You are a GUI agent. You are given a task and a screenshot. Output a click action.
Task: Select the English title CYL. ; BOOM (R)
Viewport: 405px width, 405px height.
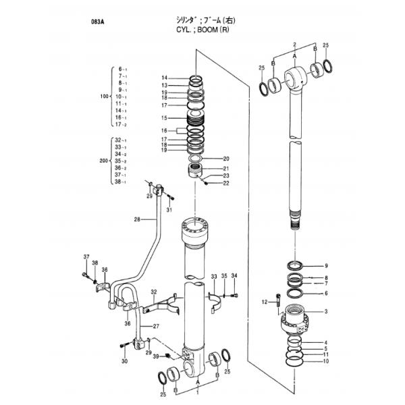pyautogui.click(x=201, y=30)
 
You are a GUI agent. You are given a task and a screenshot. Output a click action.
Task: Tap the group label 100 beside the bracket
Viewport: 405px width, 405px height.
pyautogui.click(x=103, y=97)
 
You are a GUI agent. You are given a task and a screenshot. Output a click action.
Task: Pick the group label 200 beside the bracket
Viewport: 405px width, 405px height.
pyautogui.click(x=103, y=162)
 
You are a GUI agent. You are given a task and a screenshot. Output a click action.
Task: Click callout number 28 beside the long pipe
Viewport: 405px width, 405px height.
pyautogui.click(x=136, y=219)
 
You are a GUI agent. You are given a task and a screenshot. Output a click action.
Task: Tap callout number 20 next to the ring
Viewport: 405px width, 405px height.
pyautogui.click(x=226, y=159)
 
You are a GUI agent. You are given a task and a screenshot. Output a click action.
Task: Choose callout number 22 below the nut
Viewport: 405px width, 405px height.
pyautogui.click(x=226, y=183)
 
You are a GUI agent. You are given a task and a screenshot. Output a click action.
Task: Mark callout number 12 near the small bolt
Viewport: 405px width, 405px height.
pyautogui.click(x=265, y=302)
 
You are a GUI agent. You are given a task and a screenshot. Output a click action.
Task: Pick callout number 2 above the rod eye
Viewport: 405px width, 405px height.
pyautogui.click(x=294, y=43)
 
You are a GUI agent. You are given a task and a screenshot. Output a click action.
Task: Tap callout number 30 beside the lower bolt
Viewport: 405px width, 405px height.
pyautogui.click(x=124, y=362)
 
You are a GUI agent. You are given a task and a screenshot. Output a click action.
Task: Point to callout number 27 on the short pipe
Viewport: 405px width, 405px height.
pyautogui.click(x=157, y=327)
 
